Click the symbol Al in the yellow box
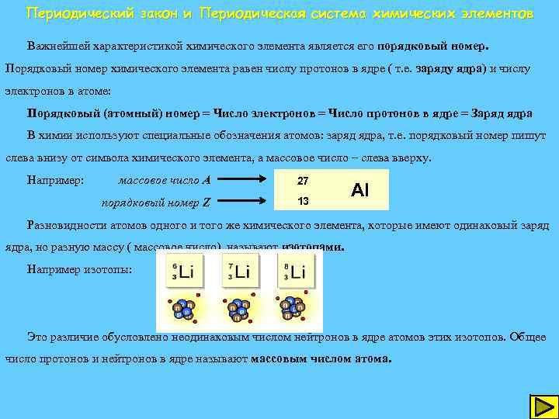pyautogui.click(x=359, y=190)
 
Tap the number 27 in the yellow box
pyautogui.click(x=303, y=181)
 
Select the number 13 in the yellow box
pyautogui.click(x=303, y=202)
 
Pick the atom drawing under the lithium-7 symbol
pyautogui.click(x=236, y=309)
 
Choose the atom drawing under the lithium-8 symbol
pyautogui.click(x=292, y=309)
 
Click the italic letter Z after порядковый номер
pyautogui.click(x=206, y=203)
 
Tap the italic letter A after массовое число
pyautogui.click(x=207, y=181)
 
